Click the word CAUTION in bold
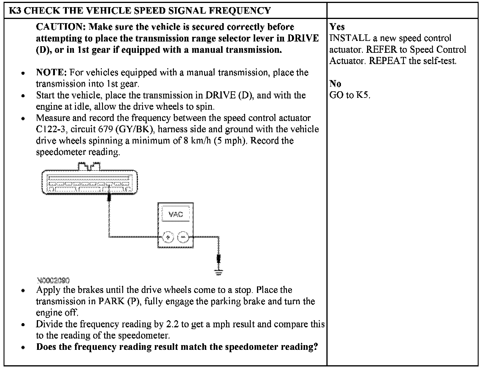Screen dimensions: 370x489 click(x=61, y=27)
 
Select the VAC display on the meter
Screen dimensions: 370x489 click(x=175, y=214)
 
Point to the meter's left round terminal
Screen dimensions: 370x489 click(x=168, y=237)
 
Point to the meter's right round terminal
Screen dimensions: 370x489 click(x=183, y=237)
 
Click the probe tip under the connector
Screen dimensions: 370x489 click(x=109, y=197)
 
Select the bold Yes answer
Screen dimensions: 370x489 click(x=337, y=27)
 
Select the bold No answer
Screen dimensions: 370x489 click(x=335, y=84)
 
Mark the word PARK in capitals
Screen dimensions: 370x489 click(x=112, y=302)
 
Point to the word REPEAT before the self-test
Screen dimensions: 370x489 click(x=387, y=61)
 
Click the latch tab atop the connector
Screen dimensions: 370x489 click(x=89, y=166)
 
